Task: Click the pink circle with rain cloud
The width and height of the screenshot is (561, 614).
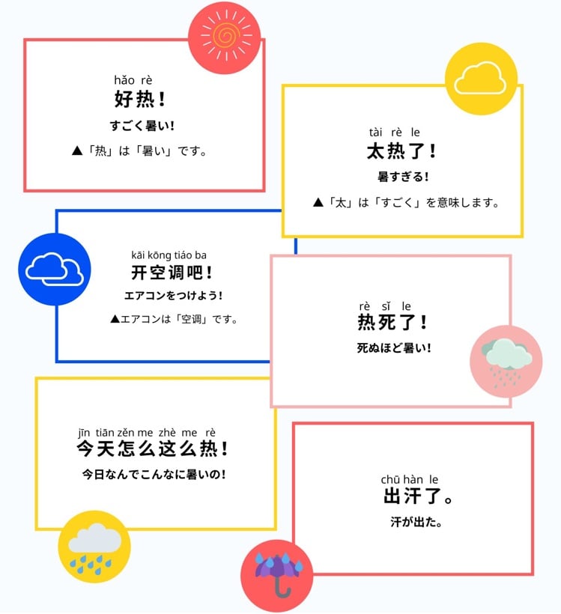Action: coord(506,362)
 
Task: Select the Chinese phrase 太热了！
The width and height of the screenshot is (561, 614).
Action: coord(401,151)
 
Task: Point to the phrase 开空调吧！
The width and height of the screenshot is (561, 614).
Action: coord(173,273)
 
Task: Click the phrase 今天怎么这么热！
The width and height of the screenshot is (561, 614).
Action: coord(152,449)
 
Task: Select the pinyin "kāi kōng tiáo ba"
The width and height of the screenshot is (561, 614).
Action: coord(169,255)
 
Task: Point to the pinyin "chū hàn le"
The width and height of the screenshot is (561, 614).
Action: coord(410,479)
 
